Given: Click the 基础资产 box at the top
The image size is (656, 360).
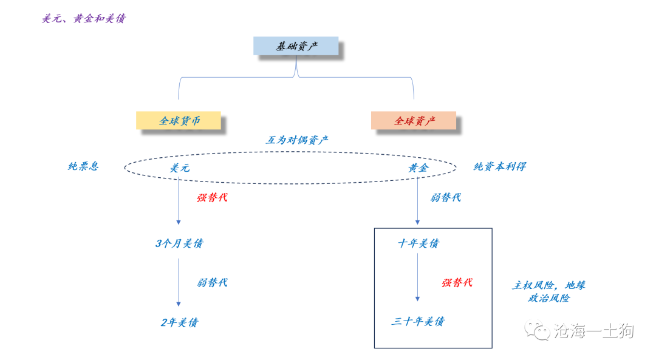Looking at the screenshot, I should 296,46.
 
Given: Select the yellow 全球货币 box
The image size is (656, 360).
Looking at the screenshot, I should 179,121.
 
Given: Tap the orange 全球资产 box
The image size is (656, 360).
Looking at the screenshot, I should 414,121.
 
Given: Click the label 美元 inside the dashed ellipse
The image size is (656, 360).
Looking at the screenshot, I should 179,168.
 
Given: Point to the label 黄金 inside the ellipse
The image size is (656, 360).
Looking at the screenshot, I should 418,168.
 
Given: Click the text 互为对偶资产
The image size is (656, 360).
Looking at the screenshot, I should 297,140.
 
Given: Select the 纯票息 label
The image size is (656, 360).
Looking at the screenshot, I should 83,166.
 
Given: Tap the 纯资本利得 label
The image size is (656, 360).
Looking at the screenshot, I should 499,166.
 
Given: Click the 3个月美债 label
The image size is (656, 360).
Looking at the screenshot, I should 179,244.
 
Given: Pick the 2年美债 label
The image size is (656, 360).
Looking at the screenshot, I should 179,322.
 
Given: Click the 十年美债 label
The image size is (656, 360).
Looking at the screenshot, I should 419,244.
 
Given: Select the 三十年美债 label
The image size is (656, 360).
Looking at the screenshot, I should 418,321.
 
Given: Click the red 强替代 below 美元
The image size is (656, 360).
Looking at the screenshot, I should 212,198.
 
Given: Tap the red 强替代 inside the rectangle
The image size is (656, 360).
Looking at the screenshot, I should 457,283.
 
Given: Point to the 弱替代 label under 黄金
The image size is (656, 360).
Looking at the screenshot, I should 446,198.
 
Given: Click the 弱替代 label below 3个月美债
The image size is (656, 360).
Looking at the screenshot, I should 212,283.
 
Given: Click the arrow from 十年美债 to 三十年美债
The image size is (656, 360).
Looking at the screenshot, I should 417,277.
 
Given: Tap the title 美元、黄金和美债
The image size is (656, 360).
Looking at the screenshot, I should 83,19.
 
